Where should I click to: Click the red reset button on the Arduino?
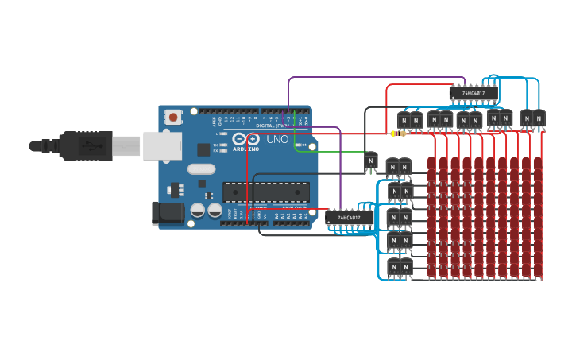[x=173, y=117]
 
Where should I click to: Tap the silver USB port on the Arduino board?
[x=162, y=146]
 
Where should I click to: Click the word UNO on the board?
[x=276, y=139]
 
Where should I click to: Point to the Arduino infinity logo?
[x=245, y=139]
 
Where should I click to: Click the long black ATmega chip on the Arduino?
[x=265, y=192]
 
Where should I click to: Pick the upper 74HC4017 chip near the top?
[x=474, y=93]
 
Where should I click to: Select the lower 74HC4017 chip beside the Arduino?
[x=349, y=217]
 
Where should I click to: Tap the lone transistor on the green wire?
[x=370, y=161]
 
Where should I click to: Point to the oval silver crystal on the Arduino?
[x=202, y=168]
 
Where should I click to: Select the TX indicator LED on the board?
[x=224, y=143]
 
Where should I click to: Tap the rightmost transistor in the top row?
[x=539, y=119]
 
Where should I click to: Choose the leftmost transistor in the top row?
[x=404, y=121]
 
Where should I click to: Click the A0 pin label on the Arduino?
[x=277, y=215]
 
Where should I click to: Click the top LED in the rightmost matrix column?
[x=538, y=163]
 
